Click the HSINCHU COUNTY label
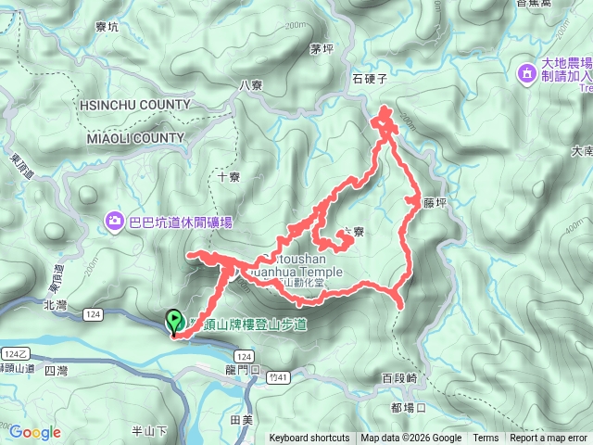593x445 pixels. [136, 105]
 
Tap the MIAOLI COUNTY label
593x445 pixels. [136, 138]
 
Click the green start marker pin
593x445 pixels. [173, 323]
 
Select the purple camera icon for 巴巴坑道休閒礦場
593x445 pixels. [114, 221]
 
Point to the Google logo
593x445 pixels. [34, 432]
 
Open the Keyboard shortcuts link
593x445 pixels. [309, 439]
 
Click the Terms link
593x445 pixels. [486, 439]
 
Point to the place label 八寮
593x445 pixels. [251, 84]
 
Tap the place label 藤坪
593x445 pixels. [435, 199]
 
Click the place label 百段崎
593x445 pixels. [399, 378]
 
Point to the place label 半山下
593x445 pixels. [148, 430]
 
